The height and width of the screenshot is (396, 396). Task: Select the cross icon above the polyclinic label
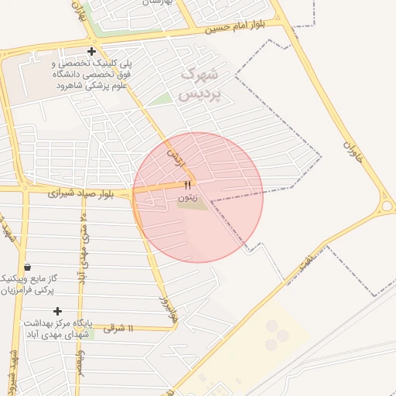click(92, 52)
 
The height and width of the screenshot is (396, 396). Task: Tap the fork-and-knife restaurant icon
click(187, 185)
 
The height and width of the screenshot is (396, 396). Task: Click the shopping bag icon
click(28, 267)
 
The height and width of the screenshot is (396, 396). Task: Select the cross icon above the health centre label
click(57, 311)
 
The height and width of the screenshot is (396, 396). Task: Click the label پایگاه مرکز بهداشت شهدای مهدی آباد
click(57, 328)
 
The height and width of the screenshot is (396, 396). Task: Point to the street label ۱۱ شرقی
click(118, 329)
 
